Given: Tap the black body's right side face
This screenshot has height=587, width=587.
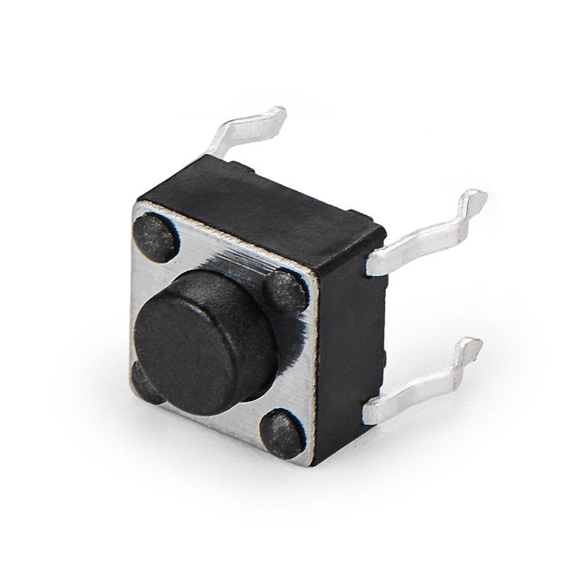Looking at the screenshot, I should click(x=349, y=330).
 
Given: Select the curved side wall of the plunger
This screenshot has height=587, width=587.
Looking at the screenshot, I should click(x=242, y=293).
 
